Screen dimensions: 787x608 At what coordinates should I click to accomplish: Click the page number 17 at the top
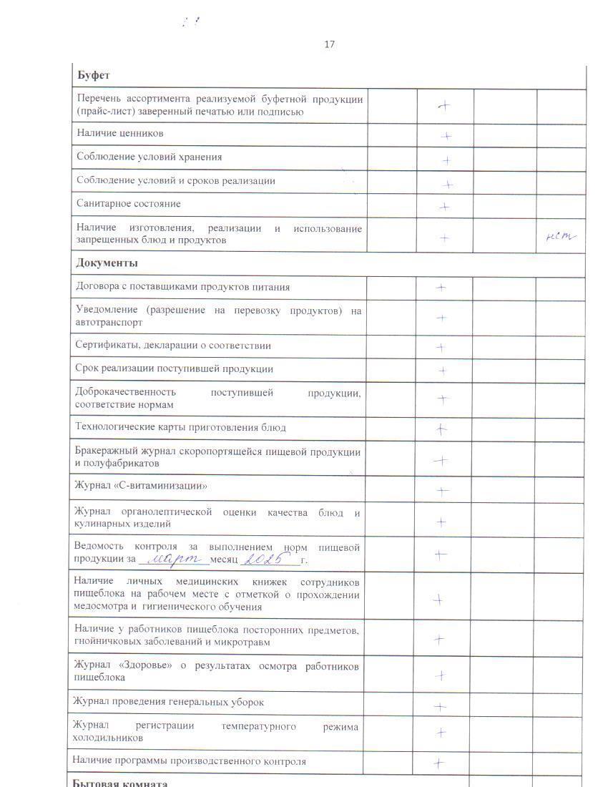[329, 44]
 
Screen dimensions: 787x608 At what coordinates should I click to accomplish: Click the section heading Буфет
[93, 76]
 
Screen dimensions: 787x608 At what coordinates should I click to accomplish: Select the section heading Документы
[107, 263]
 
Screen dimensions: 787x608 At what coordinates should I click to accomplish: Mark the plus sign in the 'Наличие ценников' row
[446, 135]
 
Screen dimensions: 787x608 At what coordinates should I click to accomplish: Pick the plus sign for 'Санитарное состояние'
[444, 207]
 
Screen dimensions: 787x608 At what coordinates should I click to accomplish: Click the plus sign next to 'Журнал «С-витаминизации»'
[443, 491]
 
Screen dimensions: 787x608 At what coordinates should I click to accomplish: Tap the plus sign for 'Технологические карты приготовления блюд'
[442, 429]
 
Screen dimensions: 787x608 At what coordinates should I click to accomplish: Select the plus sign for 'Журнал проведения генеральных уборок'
[441, 707]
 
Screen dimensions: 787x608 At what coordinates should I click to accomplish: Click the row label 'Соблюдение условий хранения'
[149, 157]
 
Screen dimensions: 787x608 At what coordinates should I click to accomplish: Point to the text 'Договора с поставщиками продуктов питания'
[182, 287]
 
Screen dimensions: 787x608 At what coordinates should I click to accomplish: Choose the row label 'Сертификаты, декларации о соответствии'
[173, 346]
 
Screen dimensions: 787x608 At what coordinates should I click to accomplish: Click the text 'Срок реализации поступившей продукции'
[174, 369]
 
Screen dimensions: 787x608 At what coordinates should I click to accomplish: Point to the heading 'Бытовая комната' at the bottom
[120, 783]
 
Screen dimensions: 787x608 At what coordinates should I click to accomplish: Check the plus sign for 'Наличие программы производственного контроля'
[439, 763]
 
